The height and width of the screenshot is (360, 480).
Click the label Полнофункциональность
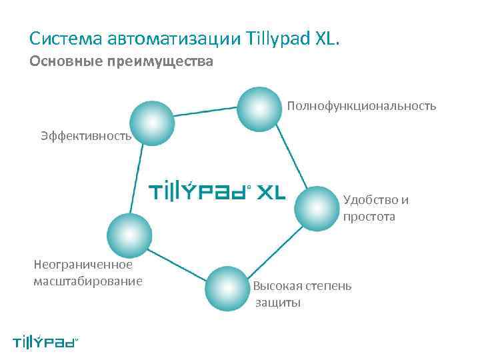(362, 106)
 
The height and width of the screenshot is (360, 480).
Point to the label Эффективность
(85, 136)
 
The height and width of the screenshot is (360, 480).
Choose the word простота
(369, 217)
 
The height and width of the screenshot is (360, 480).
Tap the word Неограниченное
(83, 265)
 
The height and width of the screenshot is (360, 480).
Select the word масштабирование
(88, 281)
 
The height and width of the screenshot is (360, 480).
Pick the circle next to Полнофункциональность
(259, 107)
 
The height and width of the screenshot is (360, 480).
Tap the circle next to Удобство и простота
(317, 209)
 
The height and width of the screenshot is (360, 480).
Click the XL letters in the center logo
(271, 193)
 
